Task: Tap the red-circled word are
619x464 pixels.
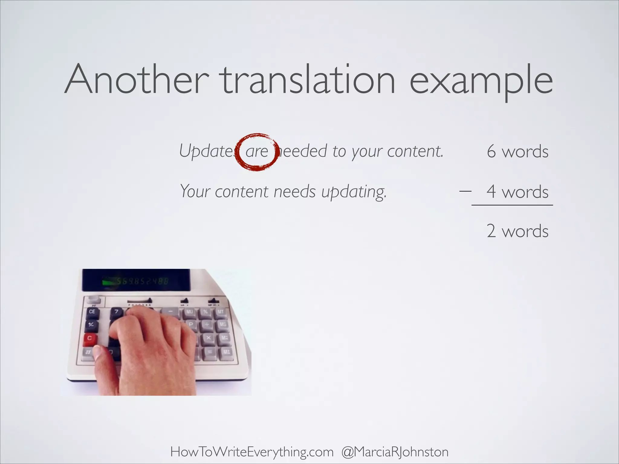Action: pyautogui.click(x=257, y=151)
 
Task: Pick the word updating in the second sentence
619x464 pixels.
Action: pyautogui.click(x=354, y=192)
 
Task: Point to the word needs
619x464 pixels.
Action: pyautogui.click(x=295, y=192)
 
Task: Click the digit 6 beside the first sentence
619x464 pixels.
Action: pyautogui.click(x=491, y=151)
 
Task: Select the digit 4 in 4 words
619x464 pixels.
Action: pyautogui.click(x=491, y=192)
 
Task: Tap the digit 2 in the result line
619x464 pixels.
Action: pyautogui.click(x=491, y=231)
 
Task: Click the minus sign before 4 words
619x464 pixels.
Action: pyautogui.click(x=465, y=191)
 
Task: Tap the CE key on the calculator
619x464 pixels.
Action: pyautogui.click(x=92, y=311)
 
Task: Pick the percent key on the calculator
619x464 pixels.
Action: pyautogui.click(x=206, y=311)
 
